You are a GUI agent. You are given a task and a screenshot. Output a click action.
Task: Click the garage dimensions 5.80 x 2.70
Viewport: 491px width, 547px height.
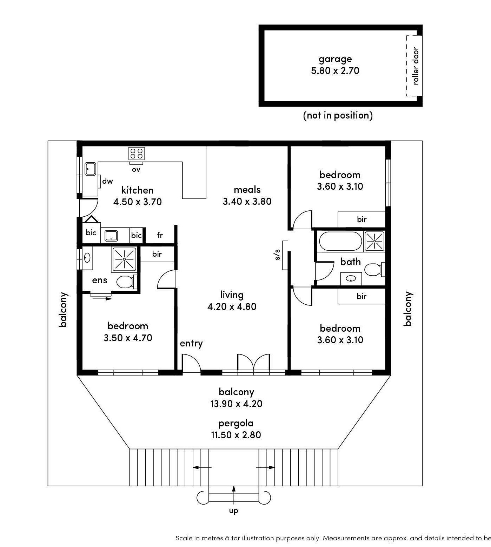click(x=335, y=71)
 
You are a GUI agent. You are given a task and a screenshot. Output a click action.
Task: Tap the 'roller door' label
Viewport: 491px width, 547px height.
click(x=416, y=66)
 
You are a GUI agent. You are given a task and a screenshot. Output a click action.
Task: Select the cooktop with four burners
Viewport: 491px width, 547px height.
click(x=136, y=153)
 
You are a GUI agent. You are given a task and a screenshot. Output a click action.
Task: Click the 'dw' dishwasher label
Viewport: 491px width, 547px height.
click(x=107, y=181)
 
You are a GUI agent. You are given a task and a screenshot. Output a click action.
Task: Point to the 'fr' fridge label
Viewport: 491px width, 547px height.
click(x=160, y=235)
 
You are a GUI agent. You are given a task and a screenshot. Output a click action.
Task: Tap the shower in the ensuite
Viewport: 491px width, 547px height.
click(x=124, y=259)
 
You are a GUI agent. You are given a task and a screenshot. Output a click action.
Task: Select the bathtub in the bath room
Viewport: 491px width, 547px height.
click(x=340, y=241)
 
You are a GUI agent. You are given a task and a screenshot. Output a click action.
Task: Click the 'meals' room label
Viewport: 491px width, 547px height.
click(x=247, y=190)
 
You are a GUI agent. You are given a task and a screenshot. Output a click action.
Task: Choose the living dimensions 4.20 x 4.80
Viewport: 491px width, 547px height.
click(x=232, y=307)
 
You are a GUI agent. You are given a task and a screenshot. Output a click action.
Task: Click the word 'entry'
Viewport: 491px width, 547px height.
click(x=191, y=343)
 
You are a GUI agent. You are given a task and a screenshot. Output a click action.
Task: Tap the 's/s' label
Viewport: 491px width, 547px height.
click(x=278, y=255)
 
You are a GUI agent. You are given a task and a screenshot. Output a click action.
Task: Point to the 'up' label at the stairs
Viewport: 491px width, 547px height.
click(x=234, y=511)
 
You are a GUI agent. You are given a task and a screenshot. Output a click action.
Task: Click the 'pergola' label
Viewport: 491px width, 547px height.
click(x=236, y=424)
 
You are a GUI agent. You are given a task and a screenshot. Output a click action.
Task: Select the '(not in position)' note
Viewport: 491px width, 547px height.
click(x=338, y=115)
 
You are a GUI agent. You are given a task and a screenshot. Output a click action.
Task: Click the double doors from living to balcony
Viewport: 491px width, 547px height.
click(x=254, y=362)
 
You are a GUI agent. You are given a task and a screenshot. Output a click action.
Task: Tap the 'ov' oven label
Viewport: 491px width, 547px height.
click(x=136, y=170)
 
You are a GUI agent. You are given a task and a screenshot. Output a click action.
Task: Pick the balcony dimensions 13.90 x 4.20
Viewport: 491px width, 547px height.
click(x=236, y=404)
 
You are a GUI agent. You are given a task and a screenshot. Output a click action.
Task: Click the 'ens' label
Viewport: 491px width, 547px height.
click(x=99, y=281)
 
